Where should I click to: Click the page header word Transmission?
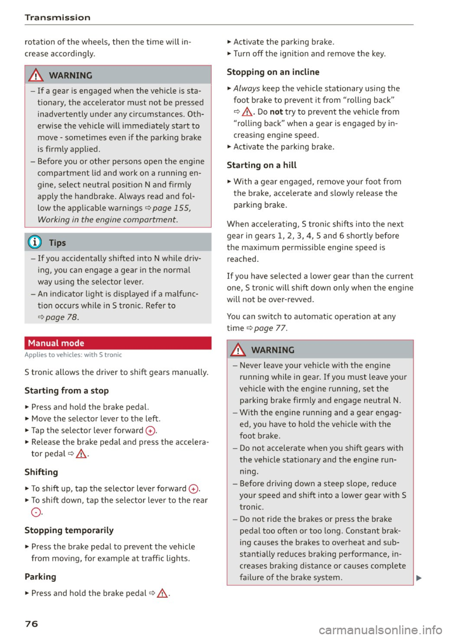point(57,17)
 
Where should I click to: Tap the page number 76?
point(31,623)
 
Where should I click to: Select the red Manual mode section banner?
point(118,343)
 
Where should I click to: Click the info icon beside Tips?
point(35,242)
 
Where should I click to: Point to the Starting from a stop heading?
point(67,390)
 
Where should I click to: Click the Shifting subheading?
point(41,472)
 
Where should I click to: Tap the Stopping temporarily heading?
point(69,530)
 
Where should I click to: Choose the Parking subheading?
point(40,577)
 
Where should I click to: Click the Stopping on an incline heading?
point(273,72)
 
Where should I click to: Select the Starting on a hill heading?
point(262,165)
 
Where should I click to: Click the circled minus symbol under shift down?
point(36,512)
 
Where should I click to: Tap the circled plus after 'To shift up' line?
point(193,489)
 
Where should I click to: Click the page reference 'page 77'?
point(270,328)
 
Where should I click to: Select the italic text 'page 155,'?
point(171,208)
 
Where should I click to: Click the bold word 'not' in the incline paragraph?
point(276,112)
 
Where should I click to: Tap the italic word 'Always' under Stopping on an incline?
point(247,88)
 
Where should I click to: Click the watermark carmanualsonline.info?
point(380,630)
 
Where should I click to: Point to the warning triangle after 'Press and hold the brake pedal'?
point(163,593)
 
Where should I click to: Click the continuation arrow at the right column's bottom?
point(419,578)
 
